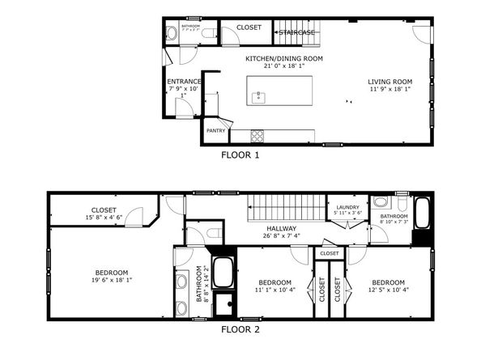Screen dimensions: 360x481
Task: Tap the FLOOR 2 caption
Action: coord(240,330)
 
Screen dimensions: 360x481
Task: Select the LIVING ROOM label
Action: coord(390,82)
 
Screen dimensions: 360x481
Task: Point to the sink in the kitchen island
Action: coord(259,98)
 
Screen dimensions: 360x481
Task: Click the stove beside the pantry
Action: coord(258,135)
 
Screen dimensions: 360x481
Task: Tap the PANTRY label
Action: coord(215,130)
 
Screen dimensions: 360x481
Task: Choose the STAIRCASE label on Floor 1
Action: coord(297,32)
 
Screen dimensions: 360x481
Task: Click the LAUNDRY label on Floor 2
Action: coord(347,208)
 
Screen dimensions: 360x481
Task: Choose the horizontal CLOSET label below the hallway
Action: coord(330,253)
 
